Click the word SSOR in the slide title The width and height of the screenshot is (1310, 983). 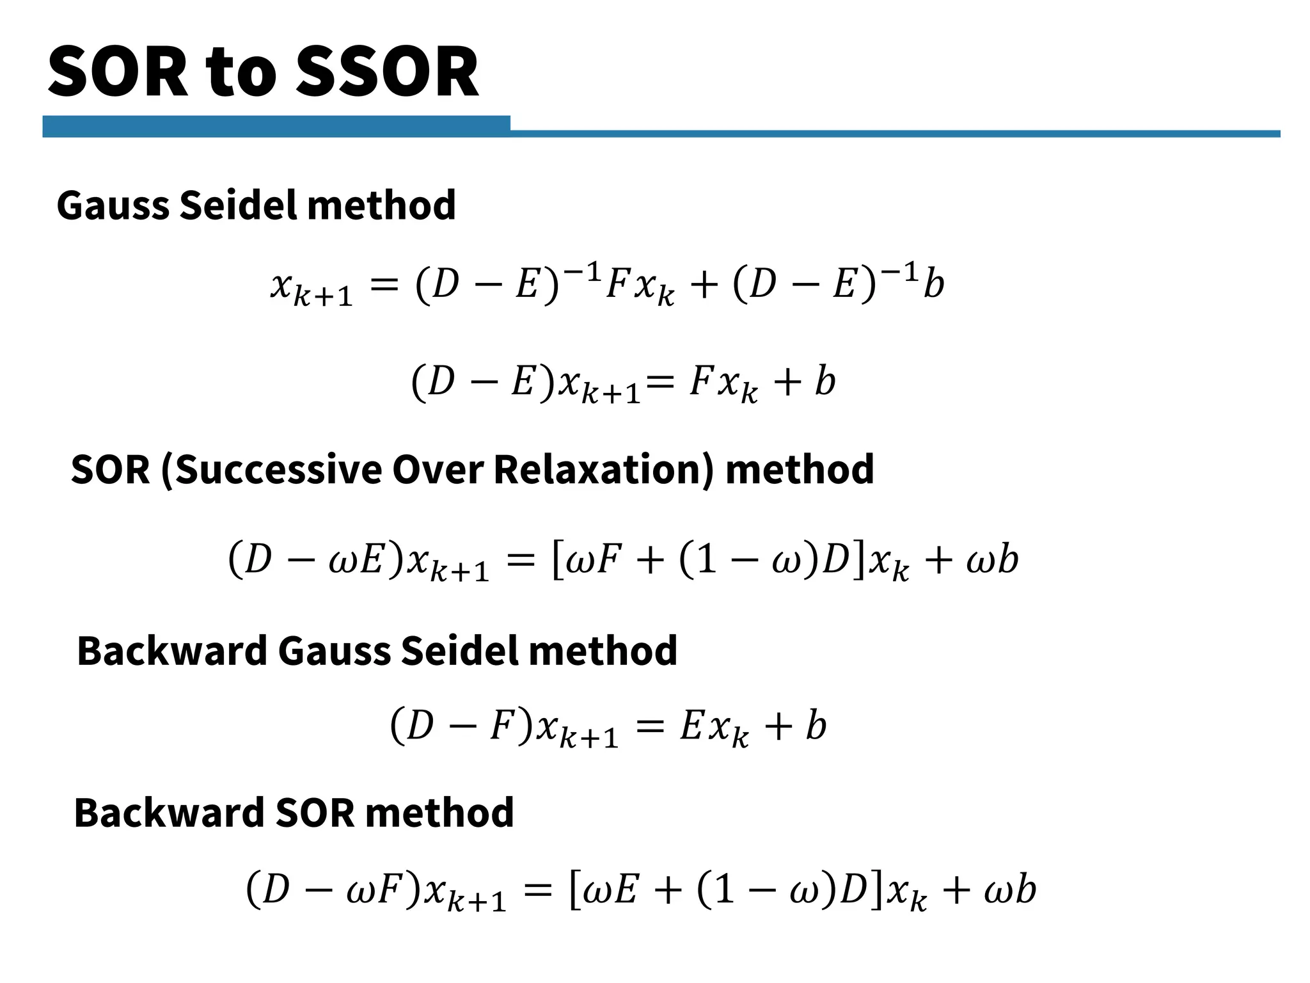387,72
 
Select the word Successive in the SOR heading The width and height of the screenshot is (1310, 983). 277,470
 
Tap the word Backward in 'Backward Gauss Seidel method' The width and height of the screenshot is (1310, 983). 171,651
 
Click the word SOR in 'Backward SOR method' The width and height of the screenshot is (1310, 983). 315,813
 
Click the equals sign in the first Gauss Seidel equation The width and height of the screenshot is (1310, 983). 384,284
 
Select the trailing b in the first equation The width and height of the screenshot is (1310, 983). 934,283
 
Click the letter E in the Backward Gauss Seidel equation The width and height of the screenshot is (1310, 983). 691,726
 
